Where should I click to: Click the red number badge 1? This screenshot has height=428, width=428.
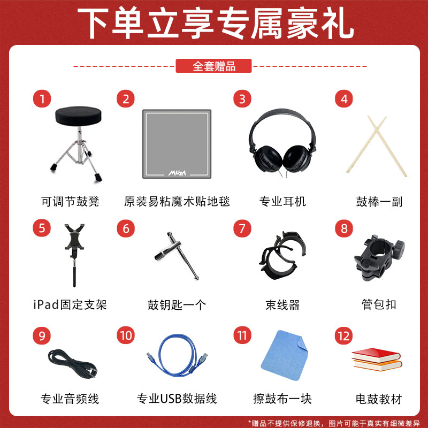click(x=42, y=99)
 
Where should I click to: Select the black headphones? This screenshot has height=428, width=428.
click(x=278, y=142)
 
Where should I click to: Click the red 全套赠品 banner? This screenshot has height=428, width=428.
click(x=214, y=66)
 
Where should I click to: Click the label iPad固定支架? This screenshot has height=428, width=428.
click(x=70, y=304)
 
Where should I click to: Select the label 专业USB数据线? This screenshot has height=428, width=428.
click(x=177, y=399)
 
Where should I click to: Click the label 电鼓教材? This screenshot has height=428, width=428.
click(x=378, y=399)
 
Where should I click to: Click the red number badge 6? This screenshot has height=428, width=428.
click(x=126, y=228)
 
